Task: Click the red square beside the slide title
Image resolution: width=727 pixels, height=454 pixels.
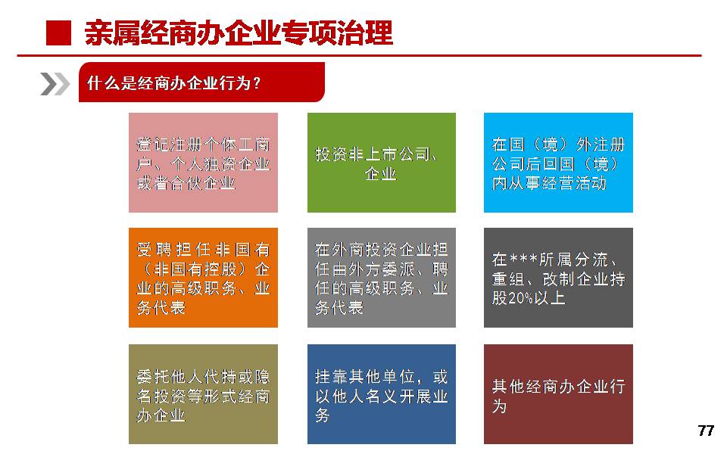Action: point(59,33)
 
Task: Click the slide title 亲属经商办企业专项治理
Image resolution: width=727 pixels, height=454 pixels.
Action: point(239,33)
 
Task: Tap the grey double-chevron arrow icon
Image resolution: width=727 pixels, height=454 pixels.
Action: point(55,84)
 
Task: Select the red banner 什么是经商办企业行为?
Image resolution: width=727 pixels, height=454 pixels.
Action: point(201,82)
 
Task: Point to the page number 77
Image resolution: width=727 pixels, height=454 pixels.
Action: point(706,431)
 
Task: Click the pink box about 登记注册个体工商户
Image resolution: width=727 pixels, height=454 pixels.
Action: point(203,163)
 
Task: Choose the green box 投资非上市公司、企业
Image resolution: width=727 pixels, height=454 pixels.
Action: point(382,163)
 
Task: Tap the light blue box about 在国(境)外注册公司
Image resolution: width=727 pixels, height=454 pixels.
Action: point(558,163)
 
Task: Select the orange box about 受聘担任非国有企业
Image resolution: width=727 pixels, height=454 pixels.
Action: point(203,278)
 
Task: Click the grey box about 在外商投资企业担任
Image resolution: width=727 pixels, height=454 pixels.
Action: point(382,278)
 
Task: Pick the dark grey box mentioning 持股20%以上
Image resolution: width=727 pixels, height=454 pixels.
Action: point(558,278)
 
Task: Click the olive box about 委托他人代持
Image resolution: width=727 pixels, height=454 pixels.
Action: point(203,394)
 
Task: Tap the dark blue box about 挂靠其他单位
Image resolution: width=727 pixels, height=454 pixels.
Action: point(382,394)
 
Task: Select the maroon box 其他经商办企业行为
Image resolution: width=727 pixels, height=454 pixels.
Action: point(558,394)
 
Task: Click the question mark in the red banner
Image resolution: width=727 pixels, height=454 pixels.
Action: point(257,84)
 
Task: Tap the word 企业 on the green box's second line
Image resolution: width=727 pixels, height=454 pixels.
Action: point(381,174)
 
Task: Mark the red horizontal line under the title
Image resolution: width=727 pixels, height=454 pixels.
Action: point(359,55)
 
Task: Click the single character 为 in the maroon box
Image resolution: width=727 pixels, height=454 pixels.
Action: point(499,406)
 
